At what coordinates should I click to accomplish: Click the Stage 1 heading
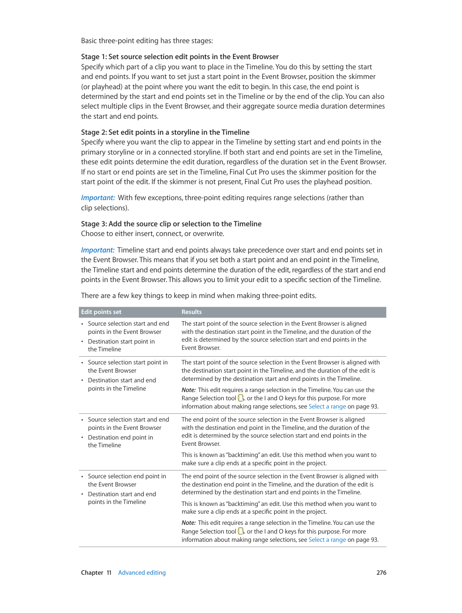pyautogui.click(x=180, y=57)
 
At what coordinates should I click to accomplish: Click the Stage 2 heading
pyautogui.click(x=165, y=132)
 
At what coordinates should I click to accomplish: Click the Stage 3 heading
pyautogui.click(x=171, y=224)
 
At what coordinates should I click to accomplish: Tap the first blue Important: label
pyautogui.click(x=98, y=198)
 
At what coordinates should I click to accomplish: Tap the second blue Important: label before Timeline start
pyautogui.click(x=98, y=250)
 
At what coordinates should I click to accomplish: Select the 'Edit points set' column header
pyautogui.click(x=101, y=312)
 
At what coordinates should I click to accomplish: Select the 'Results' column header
pyautogui.click(x=192, y=312)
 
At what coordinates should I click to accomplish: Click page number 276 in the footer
pyautogui.click(x=381, y=573)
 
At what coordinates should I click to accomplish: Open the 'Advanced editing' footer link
pyautogui.click(x=142, y=573)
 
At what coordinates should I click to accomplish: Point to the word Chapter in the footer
pyautogui.click(x=92, y=573)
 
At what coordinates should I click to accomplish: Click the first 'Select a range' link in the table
pyautogui.click(x=327, y=407)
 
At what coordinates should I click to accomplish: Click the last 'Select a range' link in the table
pyautogui.click(x=327, y=540)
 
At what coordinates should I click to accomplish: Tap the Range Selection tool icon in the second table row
pyautogui.click(x=241, y=398)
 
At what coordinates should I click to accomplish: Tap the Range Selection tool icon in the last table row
pyautogui.click(x=241, y=531)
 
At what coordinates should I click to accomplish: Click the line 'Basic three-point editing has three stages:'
pyautogui.click(x=147, y=41)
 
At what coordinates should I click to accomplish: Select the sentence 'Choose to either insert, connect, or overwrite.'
pyautogui.click(x=153, y=234)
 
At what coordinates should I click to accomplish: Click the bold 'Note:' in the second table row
pyautogui.click(x=188, y=390)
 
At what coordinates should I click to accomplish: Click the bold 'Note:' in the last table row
pyautogui.click(x=188, y=523)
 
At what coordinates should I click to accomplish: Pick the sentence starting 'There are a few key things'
pyautogui.click(x=199, y=296)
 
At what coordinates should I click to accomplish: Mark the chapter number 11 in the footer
pyautogui.click(x=109, y=573)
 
